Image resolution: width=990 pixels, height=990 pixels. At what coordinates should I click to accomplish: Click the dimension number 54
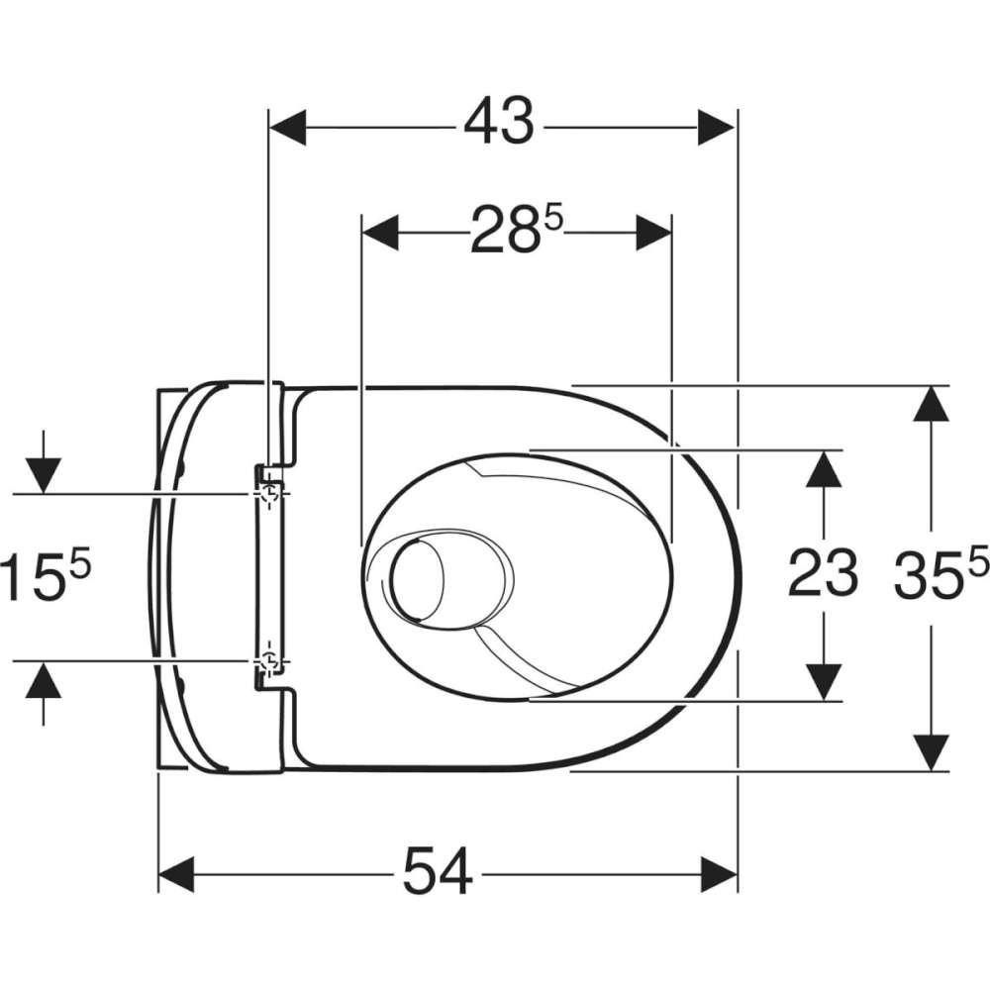[x=438, y=871]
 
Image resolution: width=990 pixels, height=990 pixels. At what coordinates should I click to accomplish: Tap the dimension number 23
[x=823, y=573]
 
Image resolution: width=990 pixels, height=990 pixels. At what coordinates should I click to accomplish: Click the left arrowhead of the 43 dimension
[x=288, y=127]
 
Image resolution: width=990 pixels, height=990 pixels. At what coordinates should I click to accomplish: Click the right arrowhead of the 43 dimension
[x=717, y=127]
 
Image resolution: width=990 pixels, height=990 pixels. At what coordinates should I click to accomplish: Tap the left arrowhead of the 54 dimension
[x=176, y=874]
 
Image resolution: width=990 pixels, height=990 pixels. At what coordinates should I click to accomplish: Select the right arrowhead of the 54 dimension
[x=719, y=874]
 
